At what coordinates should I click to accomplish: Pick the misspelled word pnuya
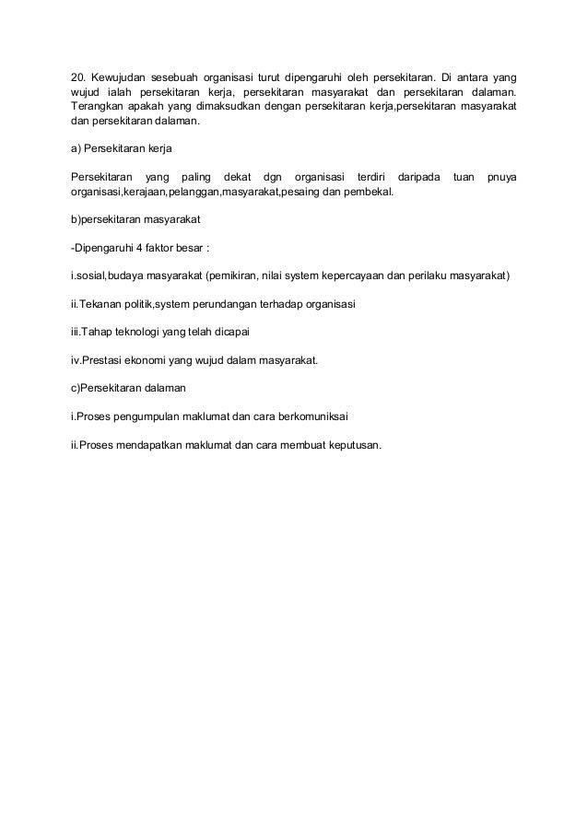[x=501, y=176]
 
